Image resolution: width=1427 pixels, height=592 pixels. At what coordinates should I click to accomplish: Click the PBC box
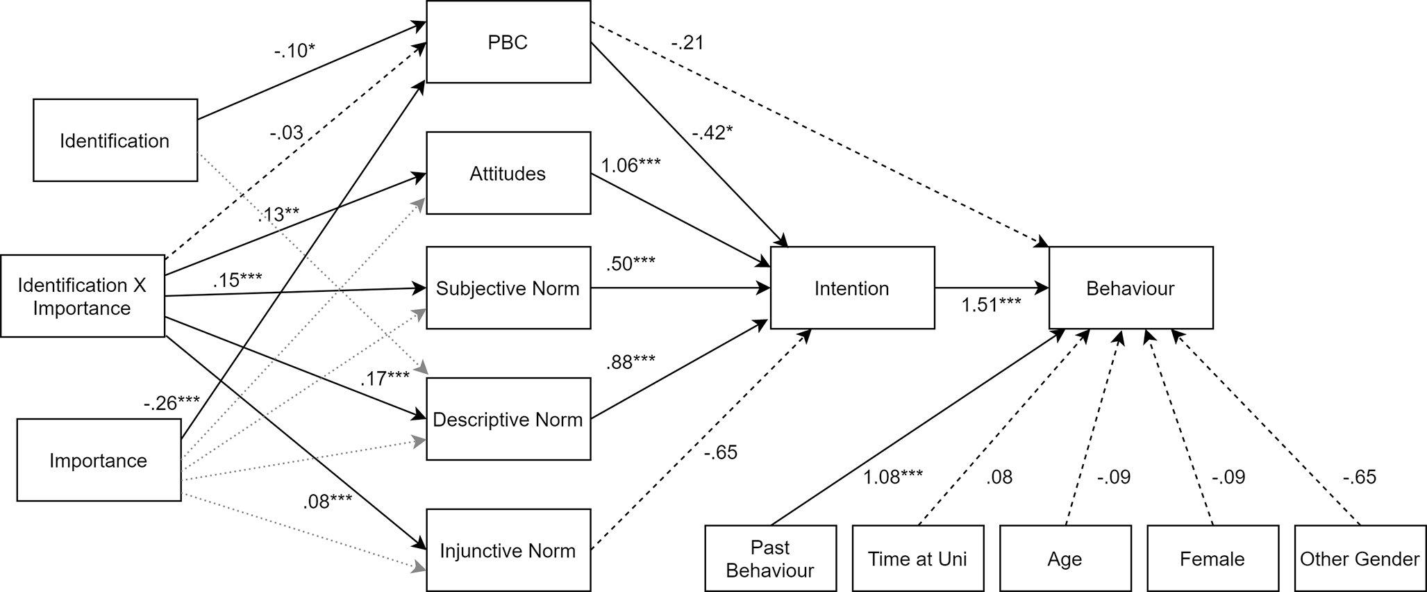point(508,42)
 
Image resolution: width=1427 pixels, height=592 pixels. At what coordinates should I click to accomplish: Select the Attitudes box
point(508,173)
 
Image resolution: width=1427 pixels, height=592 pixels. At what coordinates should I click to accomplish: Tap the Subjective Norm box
point(508,288)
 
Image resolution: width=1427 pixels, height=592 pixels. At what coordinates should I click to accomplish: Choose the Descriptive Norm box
point(508,419)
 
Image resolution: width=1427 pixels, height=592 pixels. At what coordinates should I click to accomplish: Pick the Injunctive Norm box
point(508,550)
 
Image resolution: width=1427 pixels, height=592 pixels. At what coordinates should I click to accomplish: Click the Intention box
point(852,288)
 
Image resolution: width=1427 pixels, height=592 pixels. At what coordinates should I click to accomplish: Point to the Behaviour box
point(1130,288)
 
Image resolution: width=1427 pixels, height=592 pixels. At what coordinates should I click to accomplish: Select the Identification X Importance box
point(83,296)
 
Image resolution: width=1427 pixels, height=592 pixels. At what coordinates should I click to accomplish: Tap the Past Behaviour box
point(770,558)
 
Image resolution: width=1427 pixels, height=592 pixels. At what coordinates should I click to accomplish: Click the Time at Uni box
point(917,558)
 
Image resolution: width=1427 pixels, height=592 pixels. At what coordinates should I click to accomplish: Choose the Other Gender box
point(1360,558)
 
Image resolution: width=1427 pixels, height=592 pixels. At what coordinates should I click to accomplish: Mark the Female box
point(1212,558)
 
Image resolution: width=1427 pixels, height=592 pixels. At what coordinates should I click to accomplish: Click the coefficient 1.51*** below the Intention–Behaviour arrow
point(991,304)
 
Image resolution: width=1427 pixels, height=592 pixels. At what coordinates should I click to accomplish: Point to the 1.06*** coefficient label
point(631,165)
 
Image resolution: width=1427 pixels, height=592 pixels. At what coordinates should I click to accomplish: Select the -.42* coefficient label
point(712,132)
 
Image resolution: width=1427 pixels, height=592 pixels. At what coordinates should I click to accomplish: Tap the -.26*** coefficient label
point(172,403)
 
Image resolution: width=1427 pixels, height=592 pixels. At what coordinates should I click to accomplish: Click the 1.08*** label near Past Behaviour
point(893,477)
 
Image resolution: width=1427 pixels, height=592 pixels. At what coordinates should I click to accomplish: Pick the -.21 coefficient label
point(687,43)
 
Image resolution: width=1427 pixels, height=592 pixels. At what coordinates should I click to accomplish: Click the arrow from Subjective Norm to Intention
point(681,288)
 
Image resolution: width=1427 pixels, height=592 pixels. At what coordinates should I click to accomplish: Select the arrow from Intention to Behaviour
point(992,288)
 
